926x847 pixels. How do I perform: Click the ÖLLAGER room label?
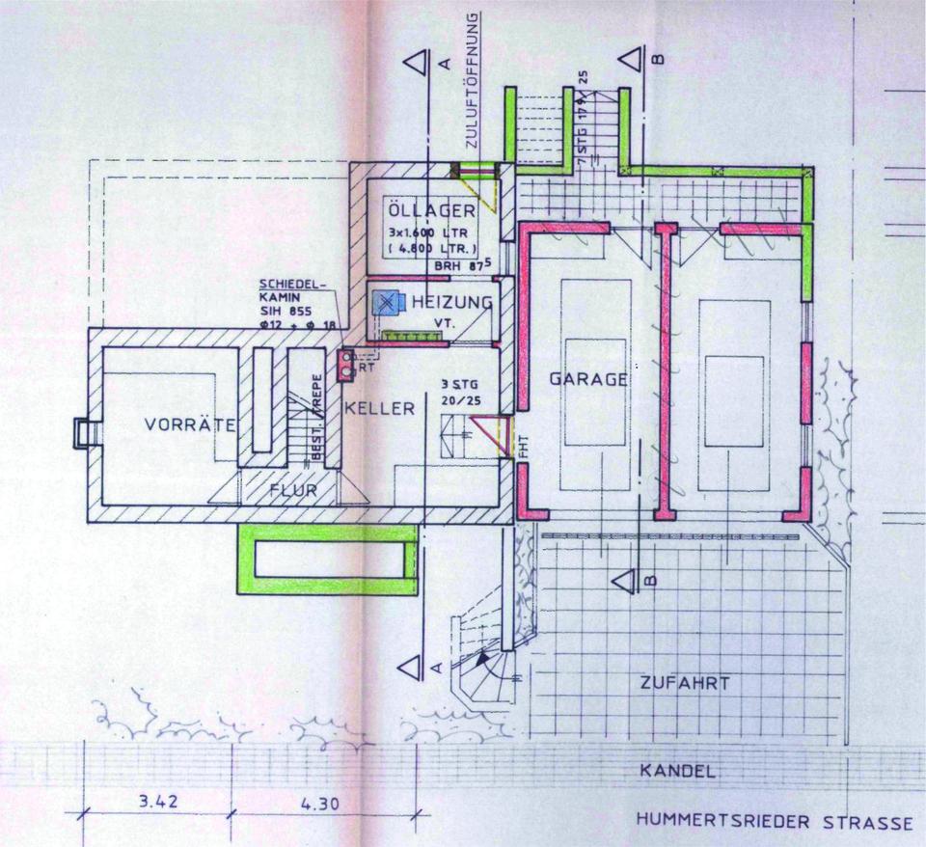coord(430,210)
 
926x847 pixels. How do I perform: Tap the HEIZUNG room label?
coord(452,303)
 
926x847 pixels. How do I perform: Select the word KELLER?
coord(379,408)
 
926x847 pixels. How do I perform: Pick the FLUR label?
coord(293,490)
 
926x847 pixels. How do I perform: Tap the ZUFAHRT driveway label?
coord(684,683)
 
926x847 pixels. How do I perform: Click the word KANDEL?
coord(677,771)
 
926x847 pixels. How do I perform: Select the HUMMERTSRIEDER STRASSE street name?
coord(774,823)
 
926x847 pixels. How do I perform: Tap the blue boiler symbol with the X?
coord(386,302)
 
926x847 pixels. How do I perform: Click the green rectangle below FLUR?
coord(326,559)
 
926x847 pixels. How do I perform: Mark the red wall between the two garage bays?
coord(665,371)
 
